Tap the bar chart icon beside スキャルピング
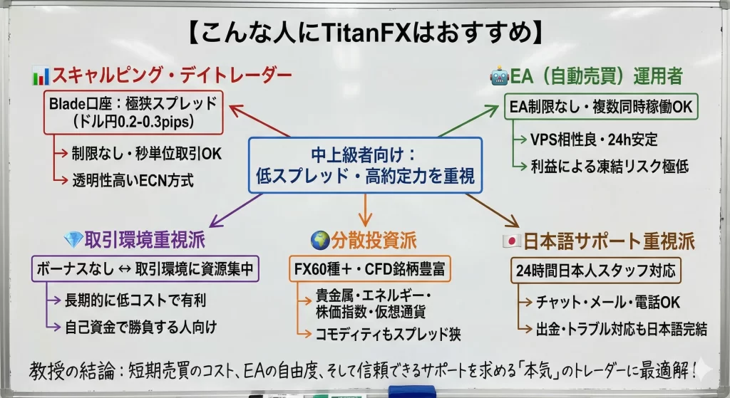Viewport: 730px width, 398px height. tap(40, 75)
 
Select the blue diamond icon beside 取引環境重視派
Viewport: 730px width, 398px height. tap(73, 240)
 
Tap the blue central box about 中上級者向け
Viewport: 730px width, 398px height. tap(365, 164)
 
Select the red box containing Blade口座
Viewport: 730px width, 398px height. tap(133, 112)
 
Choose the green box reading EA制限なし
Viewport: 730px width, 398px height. tap(601, 108)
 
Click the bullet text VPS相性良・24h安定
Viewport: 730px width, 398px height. tap(594, 140)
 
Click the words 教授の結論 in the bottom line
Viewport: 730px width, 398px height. tap(70, 370)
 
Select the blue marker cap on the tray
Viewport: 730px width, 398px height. tap(411, 392)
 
